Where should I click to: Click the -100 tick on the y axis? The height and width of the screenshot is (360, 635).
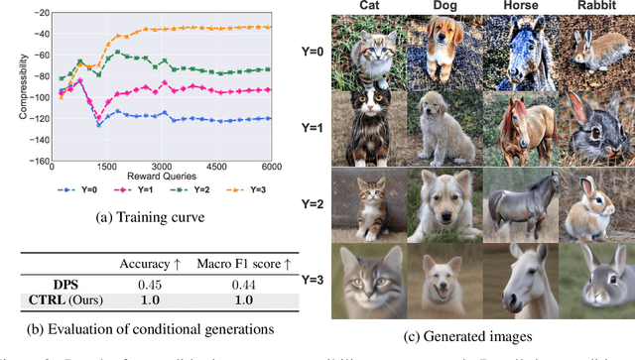click(x=38, y=97)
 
